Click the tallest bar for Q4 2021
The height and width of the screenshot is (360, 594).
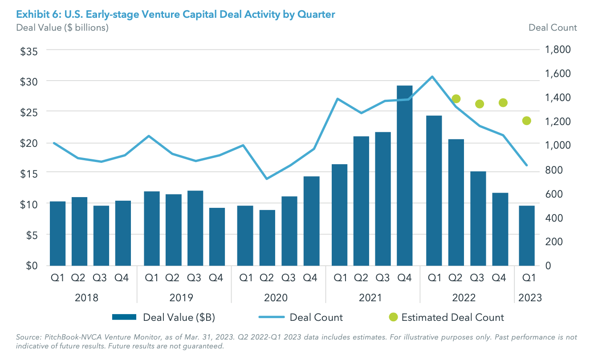click(x=405, y=175)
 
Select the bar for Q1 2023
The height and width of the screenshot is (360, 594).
click(x=527, y=235)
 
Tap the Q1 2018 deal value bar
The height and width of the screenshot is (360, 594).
click(x=57, y=233)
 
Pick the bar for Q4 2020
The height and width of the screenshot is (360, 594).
click(x=311, y=221)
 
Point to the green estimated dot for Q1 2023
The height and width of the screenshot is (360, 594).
click(x=527, y=121)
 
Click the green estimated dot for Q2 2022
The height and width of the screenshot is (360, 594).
click(x=456, y=99)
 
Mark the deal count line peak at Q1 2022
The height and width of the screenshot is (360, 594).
click(x=432, y=77)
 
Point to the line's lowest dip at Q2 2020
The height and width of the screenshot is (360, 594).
click(x=266, y=178)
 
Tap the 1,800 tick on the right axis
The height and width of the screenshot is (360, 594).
click(x=558, y=49)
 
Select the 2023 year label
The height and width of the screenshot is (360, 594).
click(x=529, y=298)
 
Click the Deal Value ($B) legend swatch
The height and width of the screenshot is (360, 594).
click(x=124, y=317)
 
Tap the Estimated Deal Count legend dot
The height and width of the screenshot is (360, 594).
click(x=392, y=317)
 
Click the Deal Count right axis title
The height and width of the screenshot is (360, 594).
click(x=552, y=28)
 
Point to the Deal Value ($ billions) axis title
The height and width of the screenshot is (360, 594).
click(x=62, y=28)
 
